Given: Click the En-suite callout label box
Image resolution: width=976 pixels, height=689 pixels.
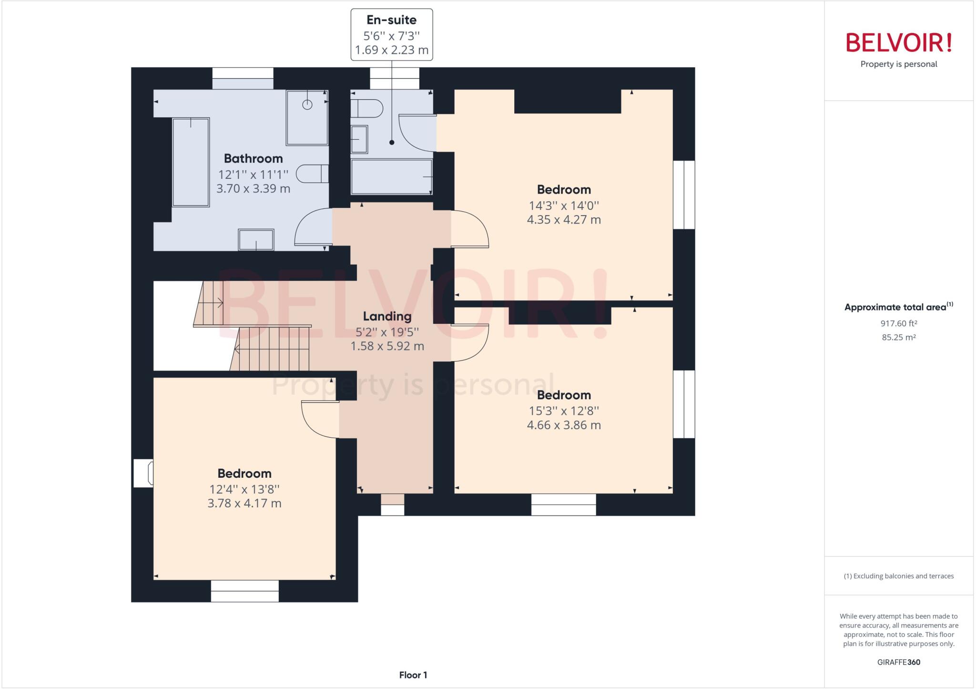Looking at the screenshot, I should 392,34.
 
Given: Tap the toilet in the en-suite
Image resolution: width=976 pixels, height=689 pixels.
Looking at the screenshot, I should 367,108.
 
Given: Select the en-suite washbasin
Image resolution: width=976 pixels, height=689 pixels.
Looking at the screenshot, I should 359,139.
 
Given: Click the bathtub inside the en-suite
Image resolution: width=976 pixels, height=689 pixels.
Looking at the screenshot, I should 391,177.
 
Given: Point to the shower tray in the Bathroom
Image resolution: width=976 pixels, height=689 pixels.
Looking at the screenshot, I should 307,118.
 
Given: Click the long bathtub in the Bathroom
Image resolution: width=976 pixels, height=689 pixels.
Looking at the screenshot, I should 191,162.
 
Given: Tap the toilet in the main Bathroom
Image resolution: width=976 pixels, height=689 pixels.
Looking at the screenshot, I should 312,174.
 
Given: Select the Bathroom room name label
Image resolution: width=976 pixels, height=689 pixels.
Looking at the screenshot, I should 253,158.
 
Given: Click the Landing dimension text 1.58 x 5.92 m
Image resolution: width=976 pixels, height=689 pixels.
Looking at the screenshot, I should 387,346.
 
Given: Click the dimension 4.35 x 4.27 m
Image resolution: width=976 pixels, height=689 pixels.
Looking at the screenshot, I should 563,220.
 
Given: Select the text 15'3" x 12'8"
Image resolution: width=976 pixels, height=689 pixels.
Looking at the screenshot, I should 563,411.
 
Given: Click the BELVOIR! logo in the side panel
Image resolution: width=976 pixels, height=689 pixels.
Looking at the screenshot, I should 899,43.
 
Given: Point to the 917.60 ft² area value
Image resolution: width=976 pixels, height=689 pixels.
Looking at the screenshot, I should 898,323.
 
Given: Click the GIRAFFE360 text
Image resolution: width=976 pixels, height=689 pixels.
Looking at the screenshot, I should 898,662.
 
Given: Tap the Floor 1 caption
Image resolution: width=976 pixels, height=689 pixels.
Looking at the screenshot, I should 413,675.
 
